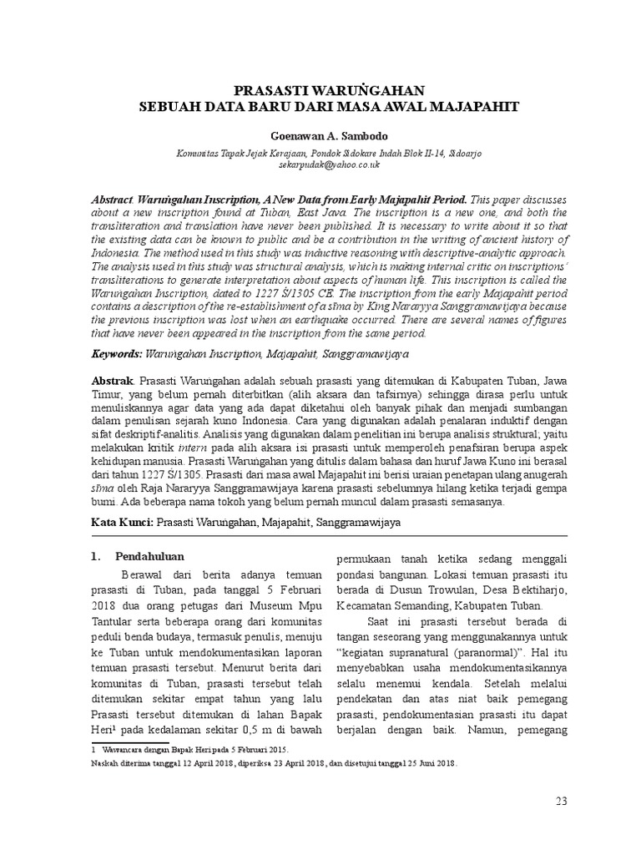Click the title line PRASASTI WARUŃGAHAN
[x=327, y=90]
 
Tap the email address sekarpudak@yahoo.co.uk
[x=328, y=165]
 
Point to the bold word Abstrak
[x=110, y=379]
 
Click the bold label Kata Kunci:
[x=121, y=521]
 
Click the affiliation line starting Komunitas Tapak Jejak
[x=327, y=154]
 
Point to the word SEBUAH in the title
[x=166, y=107]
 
